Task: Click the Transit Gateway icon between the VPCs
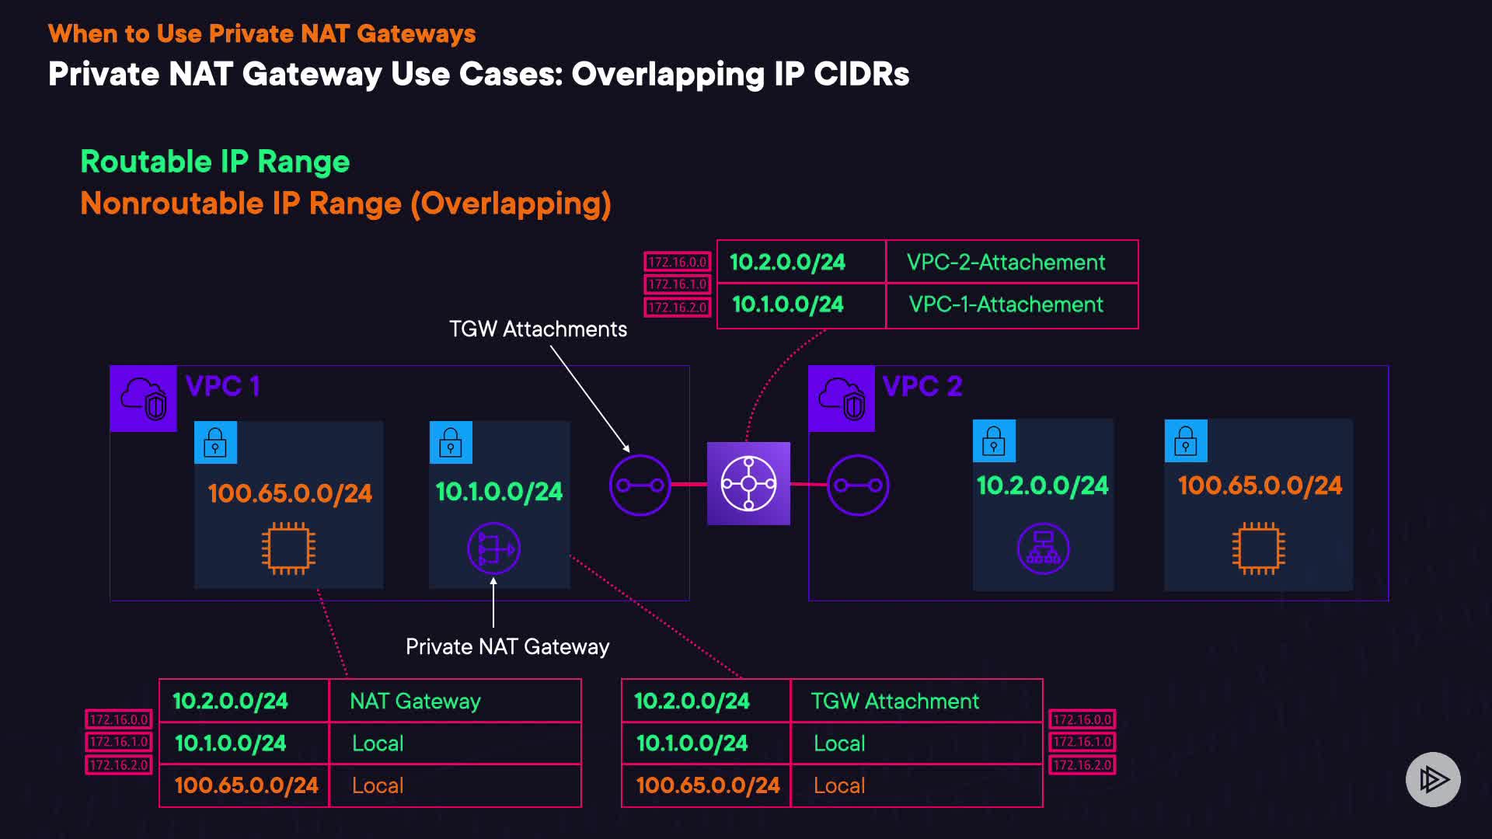(x=748, y=483)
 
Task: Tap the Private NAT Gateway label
(x=507, y=646)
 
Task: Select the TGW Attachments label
(x=538, y=329)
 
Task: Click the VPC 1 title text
(x=222, y=386)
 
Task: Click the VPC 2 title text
(x=922, y=386)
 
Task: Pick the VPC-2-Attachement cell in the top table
(x=1006, y=263)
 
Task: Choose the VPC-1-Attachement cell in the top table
(x=1006, y=305)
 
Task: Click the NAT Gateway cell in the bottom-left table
(x=415, y=701)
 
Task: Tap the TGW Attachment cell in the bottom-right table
(x=894, y=701)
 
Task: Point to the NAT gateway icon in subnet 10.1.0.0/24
(x=493, y=549)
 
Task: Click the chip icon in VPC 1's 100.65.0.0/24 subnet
(x=288, y=548)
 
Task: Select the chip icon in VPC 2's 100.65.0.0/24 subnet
(x=1258, y=548)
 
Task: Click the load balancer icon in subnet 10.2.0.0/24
(x=1043, y=548)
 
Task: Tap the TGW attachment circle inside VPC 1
(x=640, y=486)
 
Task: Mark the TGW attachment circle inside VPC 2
(x=858, y=486)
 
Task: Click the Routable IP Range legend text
(x=215, y=162)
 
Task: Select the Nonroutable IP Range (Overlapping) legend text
(x=346, y=204)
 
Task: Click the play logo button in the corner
(x=1433, y=779)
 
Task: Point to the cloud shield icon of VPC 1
(x=144, y=399)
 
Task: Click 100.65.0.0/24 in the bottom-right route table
(x=707, y=785)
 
